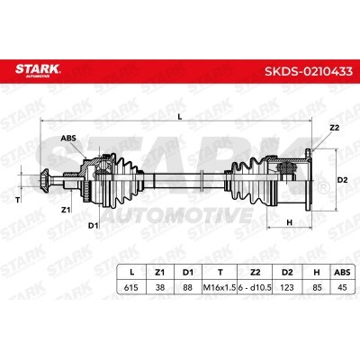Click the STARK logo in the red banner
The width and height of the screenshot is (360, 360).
pyautogui.click(x=38, y=70)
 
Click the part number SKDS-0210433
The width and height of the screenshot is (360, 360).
pyautogui.click(x=309, y=72)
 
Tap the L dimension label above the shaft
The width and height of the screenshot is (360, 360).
pyautogui.click(x=180, y=117)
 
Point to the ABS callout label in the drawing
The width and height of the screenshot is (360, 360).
pyautogui.click(x=68, y=139)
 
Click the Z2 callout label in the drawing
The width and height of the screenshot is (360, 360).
pyautogui.click(x=334, y=128)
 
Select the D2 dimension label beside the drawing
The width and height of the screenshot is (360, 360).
pyautogui.click(x=343, y=180)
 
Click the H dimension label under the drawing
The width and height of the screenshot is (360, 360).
pyautogui.click(x=290, y=222)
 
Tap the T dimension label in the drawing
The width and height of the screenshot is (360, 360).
pyautogui.click(x=17, y=200)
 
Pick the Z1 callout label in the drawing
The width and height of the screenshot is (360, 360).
pyautogui.click(x=66, y=210)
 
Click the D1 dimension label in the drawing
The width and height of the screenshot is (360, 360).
pyautogui.click(x=93, y=225)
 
